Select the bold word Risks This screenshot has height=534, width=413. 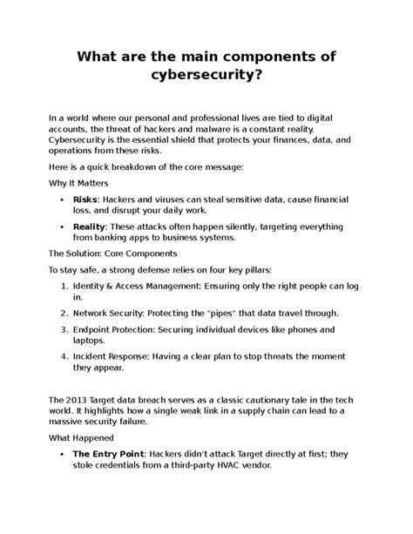[85, 199]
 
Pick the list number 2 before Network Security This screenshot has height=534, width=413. [66, 336]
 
